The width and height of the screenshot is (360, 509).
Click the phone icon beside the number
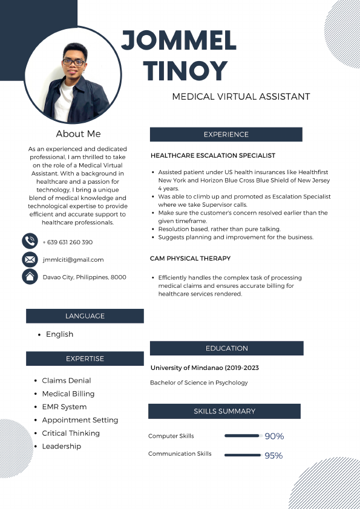pos(29,242)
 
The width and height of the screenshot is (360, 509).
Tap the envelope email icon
pos(29,259)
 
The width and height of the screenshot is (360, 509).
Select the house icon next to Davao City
pos(29,277)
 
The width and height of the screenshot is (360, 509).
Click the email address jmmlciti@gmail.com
pos(73,259)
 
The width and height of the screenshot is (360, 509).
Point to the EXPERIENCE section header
pos(226,134)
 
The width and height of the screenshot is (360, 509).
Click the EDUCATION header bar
pos(226,348)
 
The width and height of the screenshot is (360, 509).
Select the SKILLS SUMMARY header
pos(224,411)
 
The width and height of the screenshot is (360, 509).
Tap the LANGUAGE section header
pos(85,316)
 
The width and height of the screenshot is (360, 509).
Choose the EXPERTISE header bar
pos(85,358)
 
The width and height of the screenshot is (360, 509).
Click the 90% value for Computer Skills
pos(274,436)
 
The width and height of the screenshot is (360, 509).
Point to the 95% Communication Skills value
pos(273,455)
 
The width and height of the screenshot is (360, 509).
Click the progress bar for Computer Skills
pos(242,435)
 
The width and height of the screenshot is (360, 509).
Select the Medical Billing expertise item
pos(68,394)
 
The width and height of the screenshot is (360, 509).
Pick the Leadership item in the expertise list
pos(61,446)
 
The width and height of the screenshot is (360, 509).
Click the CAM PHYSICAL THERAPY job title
pos(190,258)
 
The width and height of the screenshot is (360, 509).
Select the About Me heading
pos(78,134)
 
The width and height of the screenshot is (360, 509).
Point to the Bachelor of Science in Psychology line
pos(198,383)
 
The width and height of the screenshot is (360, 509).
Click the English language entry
pos(59,334)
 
